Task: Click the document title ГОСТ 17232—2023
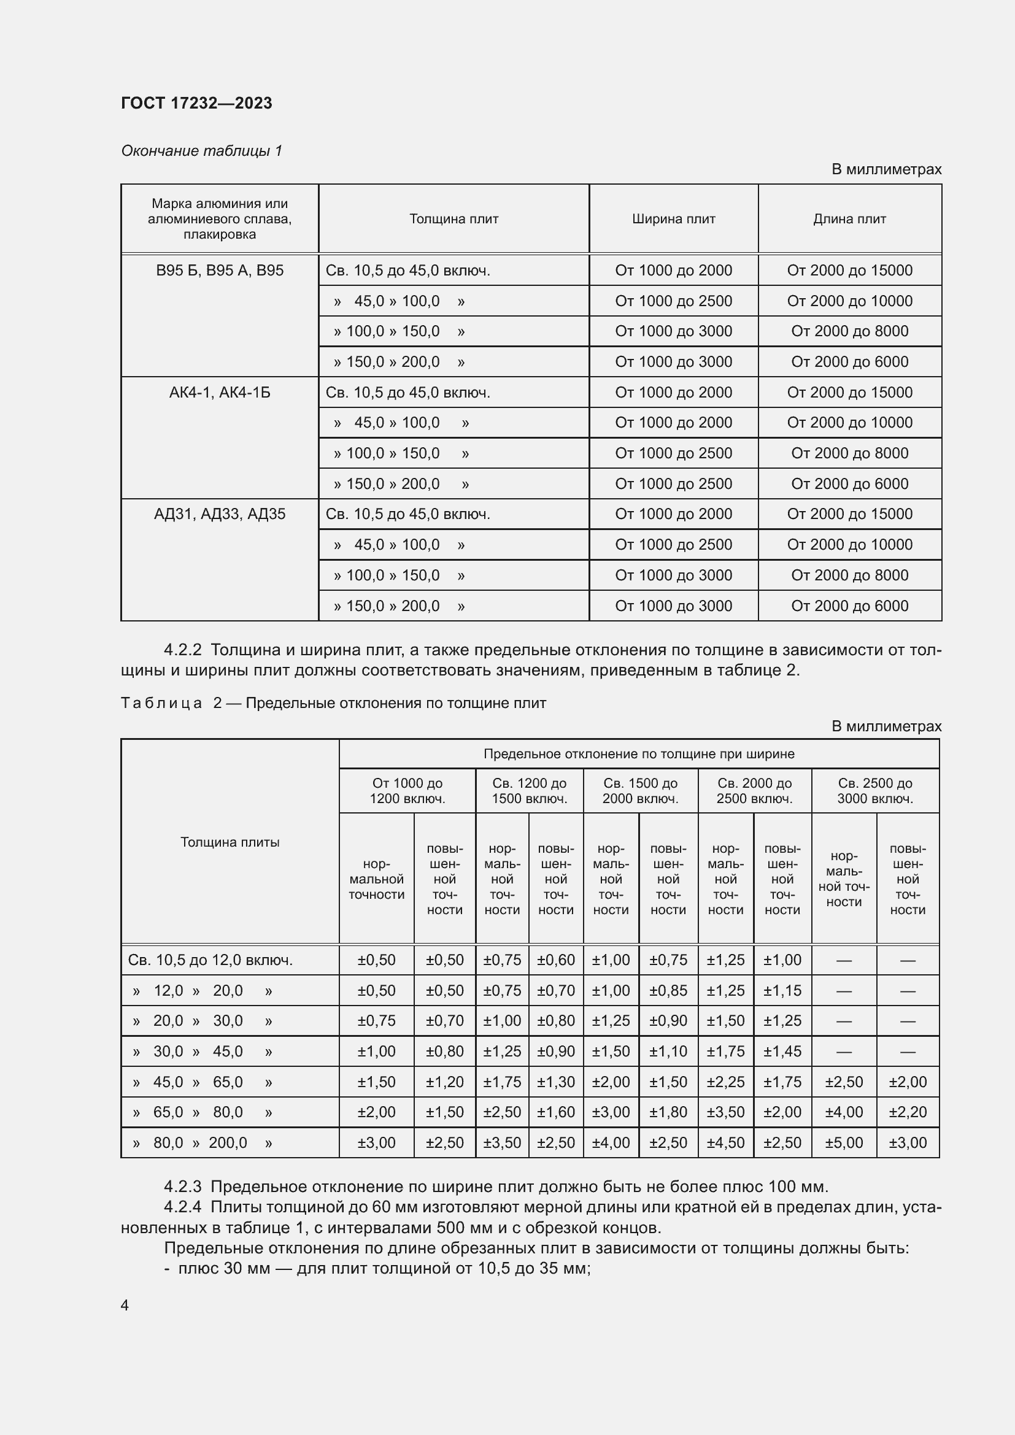click(196, 103)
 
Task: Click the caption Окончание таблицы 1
click(201, 151)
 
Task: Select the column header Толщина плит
click(453, 219)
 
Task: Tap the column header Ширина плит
click(673, 219)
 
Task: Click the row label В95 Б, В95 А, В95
click(219, 271)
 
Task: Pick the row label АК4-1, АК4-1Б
click(219, 393)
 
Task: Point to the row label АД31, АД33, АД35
click(219, 514)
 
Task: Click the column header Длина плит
click(849, 219)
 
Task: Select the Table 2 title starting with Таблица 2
click(333, 703)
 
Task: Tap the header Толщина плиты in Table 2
click(230, 842)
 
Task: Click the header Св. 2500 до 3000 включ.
click(875, 791)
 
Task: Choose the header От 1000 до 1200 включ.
click(407, 791)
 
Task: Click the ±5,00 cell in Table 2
click(844, 1142)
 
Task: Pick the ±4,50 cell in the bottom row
click(725, 1142)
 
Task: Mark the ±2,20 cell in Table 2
click(908, 1112)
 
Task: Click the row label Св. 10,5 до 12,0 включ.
click(210, 960)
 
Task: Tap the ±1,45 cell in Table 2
click(782, 1052)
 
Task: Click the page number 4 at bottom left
click(125, 1305)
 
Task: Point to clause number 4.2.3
click(182, 1187)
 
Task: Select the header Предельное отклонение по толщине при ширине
click(639, 754)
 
